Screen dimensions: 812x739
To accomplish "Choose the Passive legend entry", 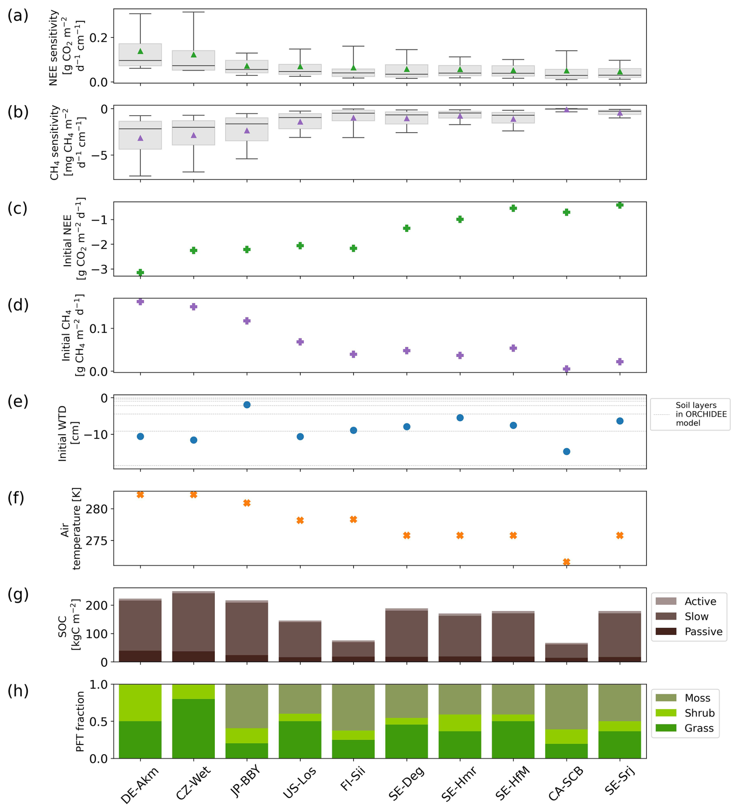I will pos(703,632).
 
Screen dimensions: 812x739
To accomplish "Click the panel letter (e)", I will pos(18,402).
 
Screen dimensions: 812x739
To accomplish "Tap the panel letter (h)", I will pos(18,691).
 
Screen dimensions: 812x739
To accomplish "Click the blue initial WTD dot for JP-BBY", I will pos(247,405).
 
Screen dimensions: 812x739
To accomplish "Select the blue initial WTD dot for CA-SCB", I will pos(566,452).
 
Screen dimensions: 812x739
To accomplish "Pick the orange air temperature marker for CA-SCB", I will pos(566,562).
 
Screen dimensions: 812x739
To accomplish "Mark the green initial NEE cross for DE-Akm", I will pos(140,273).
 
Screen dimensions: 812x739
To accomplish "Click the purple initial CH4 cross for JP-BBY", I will pos(247,321).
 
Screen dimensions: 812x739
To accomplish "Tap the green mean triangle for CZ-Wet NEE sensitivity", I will pos(194,55).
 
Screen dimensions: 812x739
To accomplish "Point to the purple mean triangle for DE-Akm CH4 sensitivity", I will pos(140,138).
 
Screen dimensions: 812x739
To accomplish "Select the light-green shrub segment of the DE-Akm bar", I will pos(140,703).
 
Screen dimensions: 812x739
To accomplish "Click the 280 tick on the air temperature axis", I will pos(96,510).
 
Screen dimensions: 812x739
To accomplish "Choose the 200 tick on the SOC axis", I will pos(98,605).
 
